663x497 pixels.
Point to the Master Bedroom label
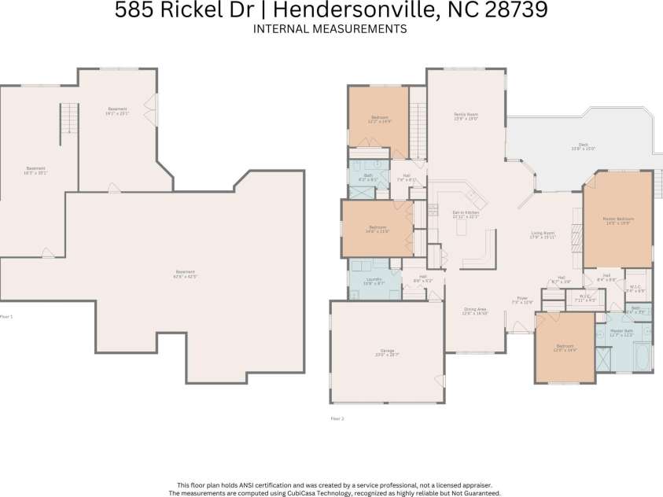[617, 220]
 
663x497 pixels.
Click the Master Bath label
[622, 332]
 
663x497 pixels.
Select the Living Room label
[543, 234]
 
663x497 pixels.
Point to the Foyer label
[522, 300]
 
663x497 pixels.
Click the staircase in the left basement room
[70, 119]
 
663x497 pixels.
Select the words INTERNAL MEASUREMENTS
[330, 29]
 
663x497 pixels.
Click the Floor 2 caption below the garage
[337, 419]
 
